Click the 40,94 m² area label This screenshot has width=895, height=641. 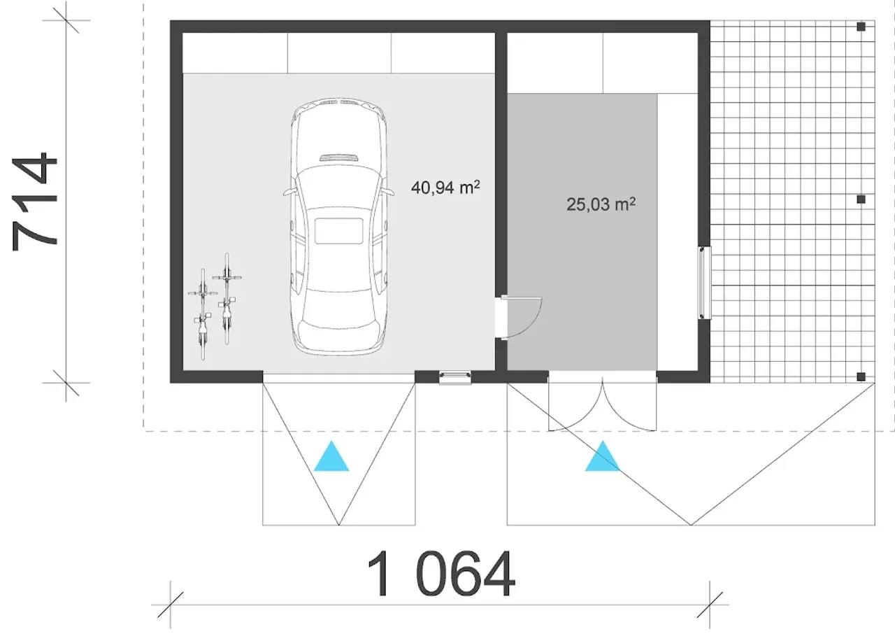tap(445, 187)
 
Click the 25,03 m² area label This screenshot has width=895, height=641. tap(601, 204)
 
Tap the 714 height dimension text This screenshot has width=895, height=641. tap(35, 202)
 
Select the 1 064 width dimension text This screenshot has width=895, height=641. tap(441, 574)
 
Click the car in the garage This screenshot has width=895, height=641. tap(339, 226)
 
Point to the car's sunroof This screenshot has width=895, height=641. tap(339, 231)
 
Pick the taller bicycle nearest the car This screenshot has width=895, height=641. tap(227, 298)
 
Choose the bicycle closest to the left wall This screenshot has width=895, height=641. tap(203, 314)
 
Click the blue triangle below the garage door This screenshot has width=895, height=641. tap(331, 456)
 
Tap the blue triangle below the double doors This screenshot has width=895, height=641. tap(603, 456)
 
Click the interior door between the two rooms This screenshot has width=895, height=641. tap(520, 318)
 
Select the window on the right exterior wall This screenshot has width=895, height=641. tap(705, 282)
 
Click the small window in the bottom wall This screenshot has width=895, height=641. tap(455, 378)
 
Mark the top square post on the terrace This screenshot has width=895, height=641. tap(861, 27)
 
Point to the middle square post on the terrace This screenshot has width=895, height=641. tap(861, 199)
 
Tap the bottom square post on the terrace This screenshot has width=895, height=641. tap(861, 376)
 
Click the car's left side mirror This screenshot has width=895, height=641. tap(290, 192)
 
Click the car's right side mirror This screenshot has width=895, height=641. tap(388, 192)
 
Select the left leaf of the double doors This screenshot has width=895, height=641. tap(575, 404)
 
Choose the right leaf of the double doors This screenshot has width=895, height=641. tap(629, 404)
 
